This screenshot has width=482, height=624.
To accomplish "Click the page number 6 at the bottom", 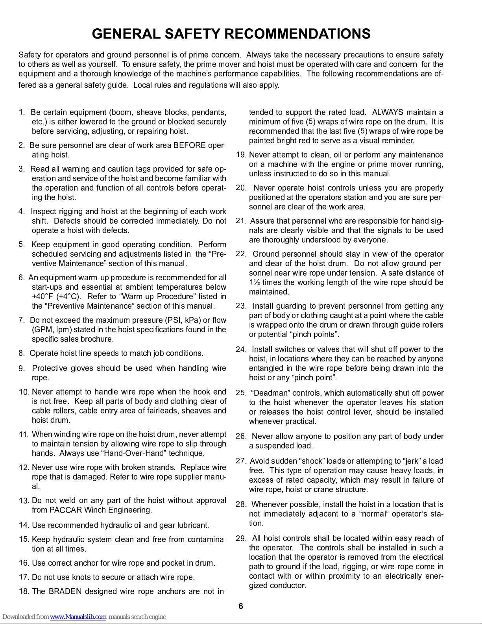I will [x=241, y=606].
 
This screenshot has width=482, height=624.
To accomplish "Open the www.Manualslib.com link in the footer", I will [x=78, y=617].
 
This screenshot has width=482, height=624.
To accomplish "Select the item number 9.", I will [x=22, y=369].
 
